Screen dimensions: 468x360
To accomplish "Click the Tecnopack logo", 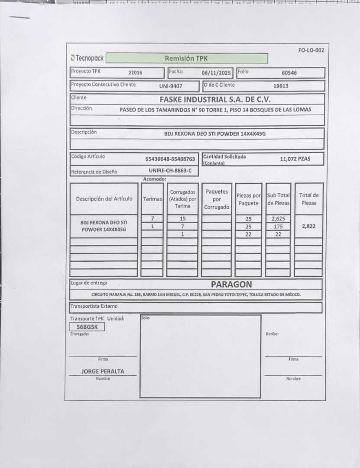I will pos(87,58).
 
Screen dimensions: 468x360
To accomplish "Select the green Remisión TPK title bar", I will pos(187,58).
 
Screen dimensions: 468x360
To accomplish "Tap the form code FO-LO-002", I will pos(311,50).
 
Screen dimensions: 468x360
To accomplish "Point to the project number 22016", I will pos(135,73).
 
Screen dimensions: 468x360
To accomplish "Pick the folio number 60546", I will pos(289,73).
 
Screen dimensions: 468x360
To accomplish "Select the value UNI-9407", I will pos(171,86).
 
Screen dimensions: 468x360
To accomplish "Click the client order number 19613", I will pos(281,86).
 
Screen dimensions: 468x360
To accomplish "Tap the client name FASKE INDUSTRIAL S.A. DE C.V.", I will pos(215,99).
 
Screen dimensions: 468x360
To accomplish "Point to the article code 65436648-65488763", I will pos(170,159).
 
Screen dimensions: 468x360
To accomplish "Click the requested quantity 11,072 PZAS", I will pos(295,159).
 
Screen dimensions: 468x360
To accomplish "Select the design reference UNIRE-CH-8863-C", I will pos(170,171).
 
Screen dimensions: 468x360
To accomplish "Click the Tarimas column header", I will pos(152,199).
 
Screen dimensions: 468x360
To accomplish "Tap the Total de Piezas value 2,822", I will pos(308,226).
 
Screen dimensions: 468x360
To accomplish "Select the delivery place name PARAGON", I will pos(231,284).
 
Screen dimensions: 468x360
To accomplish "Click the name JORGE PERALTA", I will pos(103,371).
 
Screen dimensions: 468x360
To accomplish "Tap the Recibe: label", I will pos(272,334).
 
